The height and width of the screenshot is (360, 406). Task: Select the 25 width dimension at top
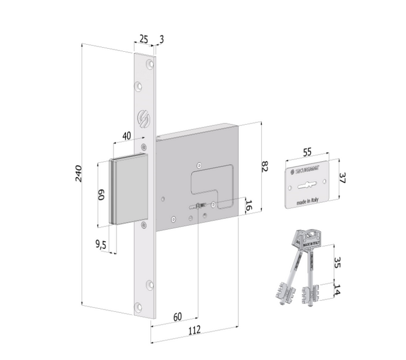tap(143, 39)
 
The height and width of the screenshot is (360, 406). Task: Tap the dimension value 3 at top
tap(162, 39)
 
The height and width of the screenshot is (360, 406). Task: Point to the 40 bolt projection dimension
tap(126, 136)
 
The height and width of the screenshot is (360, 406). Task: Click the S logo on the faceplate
tap(141, 118)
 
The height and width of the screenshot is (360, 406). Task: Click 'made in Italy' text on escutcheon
tap(308, 202)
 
